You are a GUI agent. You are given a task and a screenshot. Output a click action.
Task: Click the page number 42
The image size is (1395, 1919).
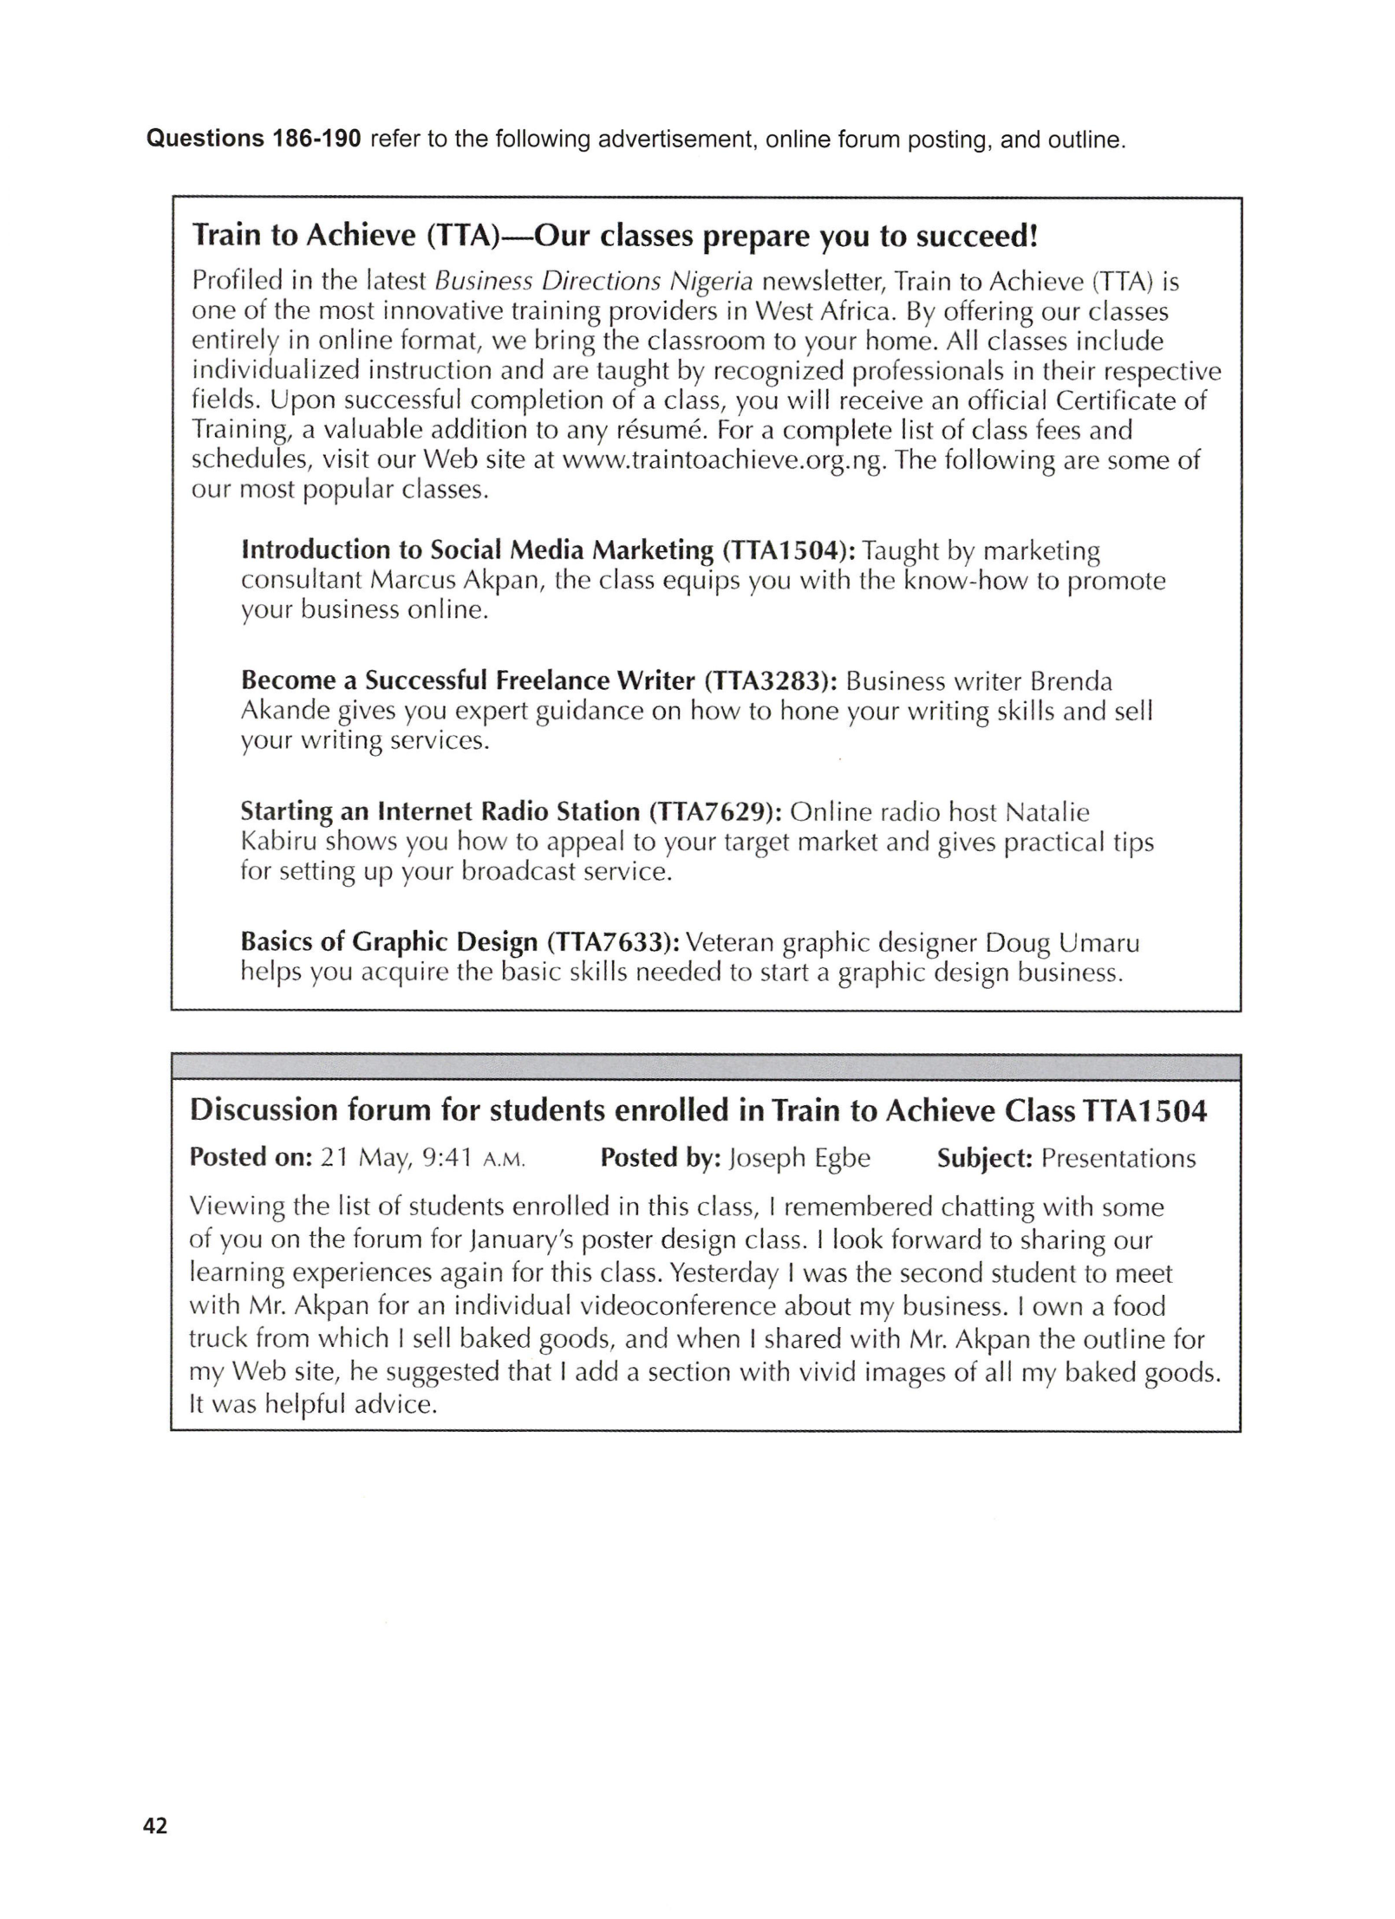[155, 1825]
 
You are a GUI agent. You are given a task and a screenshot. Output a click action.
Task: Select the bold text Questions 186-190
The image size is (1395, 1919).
[253, 140]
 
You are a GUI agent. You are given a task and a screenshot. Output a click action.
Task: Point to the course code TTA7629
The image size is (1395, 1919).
[716, 812]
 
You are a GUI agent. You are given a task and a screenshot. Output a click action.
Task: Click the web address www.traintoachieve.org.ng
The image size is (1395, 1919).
[725, 460]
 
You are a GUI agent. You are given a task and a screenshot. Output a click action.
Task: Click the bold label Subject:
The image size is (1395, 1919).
[984, 1159]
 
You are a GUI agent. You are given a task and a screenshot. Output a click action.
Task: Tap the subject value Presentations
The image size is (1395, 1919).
[1118, 1159]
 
